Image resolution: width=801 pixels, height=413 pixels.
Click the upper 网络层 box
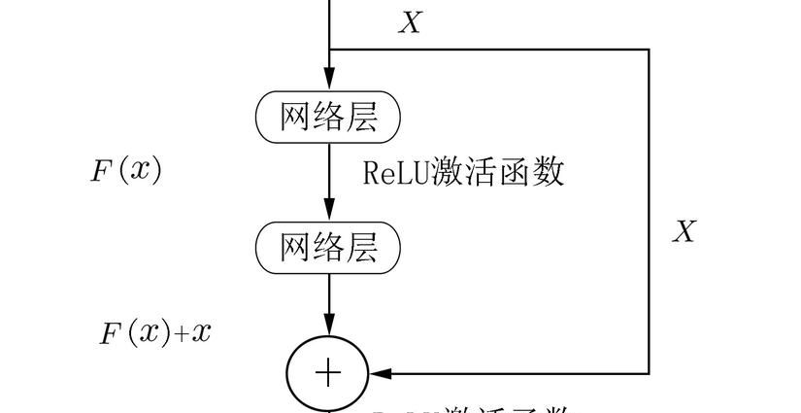coord(328,118)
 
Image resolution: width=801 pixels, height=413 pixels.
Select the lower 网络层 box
coord(328,247)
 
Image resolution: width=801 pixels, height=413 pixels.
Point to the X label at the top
coord(410,23)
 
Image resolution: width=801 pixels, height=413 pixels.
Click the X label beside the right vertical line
coord(684,231)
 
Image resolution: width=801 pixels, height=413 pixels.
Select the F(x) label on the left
coord(126,171)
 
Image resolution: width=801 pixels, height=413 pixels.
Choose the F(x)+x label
coord(155,333)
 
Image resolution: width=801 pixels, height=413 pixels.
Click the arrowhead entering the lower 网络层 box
coord(329,211)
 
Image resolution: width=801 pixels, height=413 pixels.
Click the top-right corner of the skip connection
coord(649,49)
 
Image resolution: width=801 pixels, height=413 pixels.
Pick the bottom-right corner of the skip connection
coord(649,373)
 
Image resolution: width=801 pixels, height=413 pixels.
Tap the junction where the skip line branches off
coord(329,49)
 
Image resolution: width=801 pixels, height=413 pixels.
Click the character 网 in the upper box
coord(295,118)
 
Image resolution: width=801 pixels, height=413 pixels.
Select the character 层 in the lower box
coord(362,247)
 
